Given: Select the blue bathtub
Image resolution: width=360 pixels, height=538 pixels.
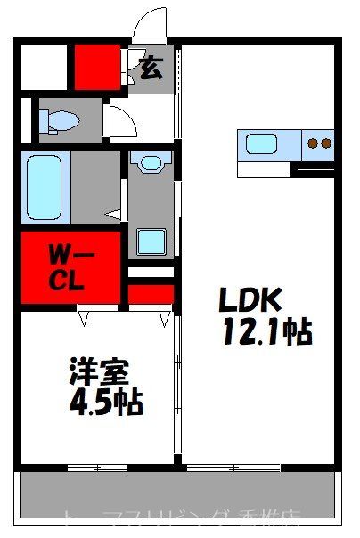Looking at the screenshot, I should click(x=44, y=188).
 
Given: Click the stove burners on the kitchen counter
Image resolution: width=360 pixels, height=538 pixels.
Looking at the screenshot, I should click(x=318, y=143).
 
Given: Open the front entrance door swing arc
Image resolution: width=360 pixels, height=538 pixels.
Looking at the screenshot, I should click(x=152, y=23).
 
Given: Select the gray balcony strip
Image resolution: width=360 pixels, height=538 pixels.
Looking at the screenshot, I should click(x=178, y=494).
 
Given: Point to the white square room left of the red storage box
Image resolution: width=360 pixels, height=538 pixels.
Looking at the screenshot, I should click(x=43, y=65).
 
